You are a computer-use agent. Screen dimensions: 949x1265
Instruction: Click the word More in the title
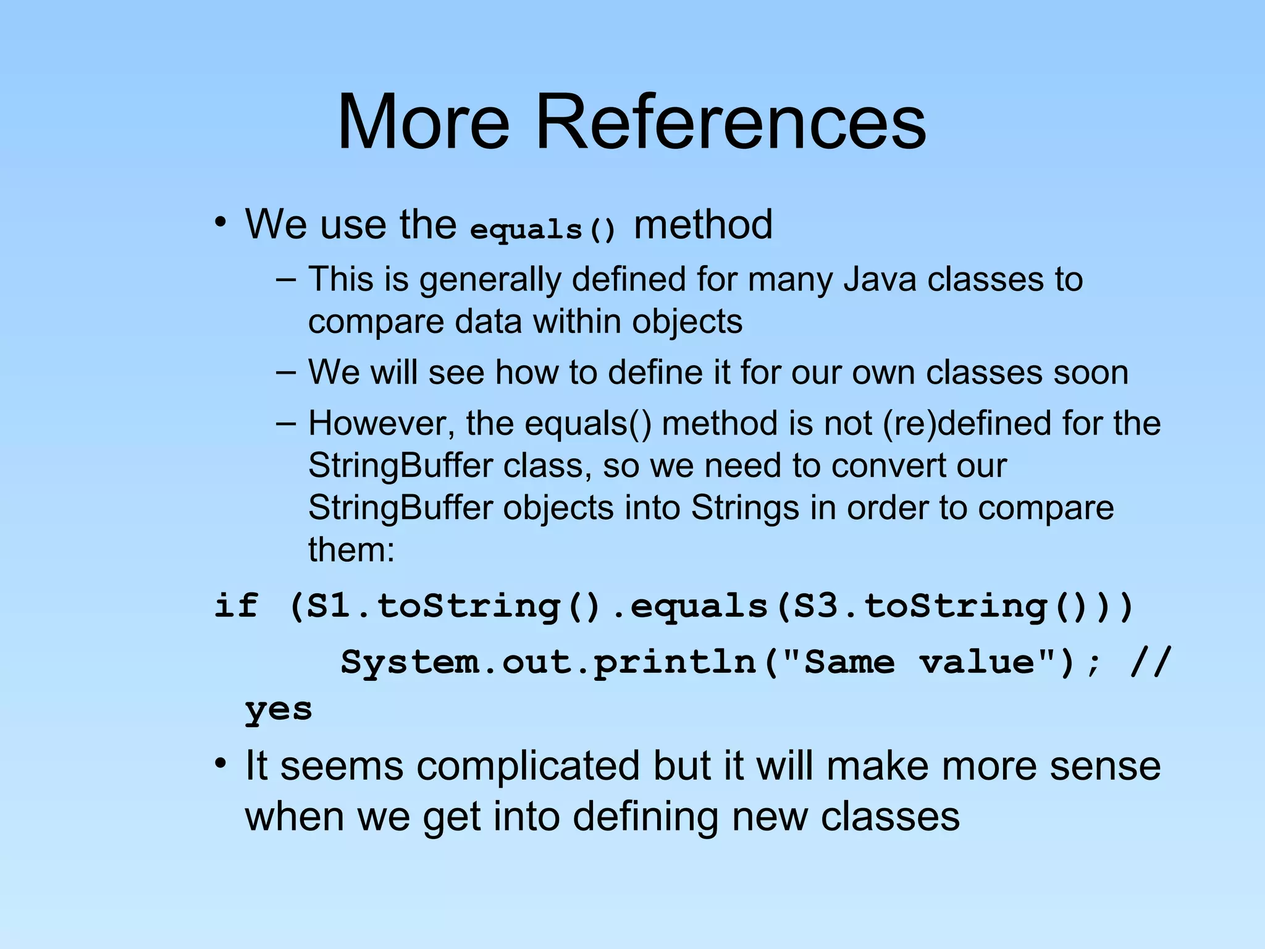coord(424,122)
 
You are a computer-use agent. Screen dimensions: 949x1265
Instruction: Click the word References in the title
coord(731,122)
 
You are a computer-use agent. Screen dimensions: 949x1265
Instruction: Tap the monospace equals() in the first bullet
coord(543,230)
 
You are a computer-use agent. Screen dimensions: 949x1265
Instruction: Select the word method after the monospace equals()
coord(703,224)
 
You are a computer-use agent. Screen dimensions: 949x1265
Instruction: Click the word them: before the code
coord(351,549)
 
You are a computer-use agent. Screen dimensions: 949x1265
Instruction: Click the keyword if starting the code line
coord(235,605)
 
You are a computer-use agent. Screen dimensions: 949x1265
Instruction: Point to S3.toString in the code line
coord(922,605)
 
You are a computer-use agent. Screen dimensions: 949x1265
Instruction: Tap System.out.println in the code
coord(548,662)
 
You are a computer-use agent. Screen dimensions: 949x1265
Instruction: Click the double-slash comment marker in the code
coord(1150,662)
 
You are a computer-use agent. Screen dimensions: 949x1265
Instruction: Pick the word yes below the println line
coord(279,709)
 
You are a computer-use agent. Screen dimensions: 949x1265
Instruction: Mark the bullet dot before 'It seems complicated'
coord(221,764)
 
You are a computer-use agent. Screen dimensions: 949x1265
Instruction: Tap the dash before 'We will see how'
coord(286,372)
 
